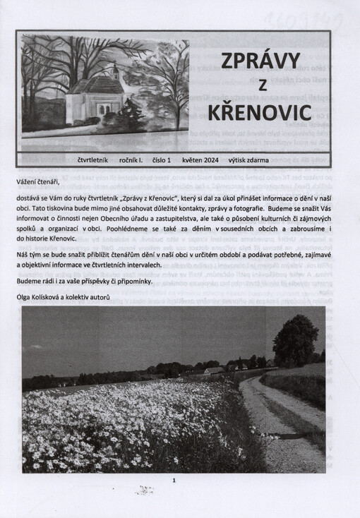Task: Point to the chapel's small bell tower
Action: (114, 73)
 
